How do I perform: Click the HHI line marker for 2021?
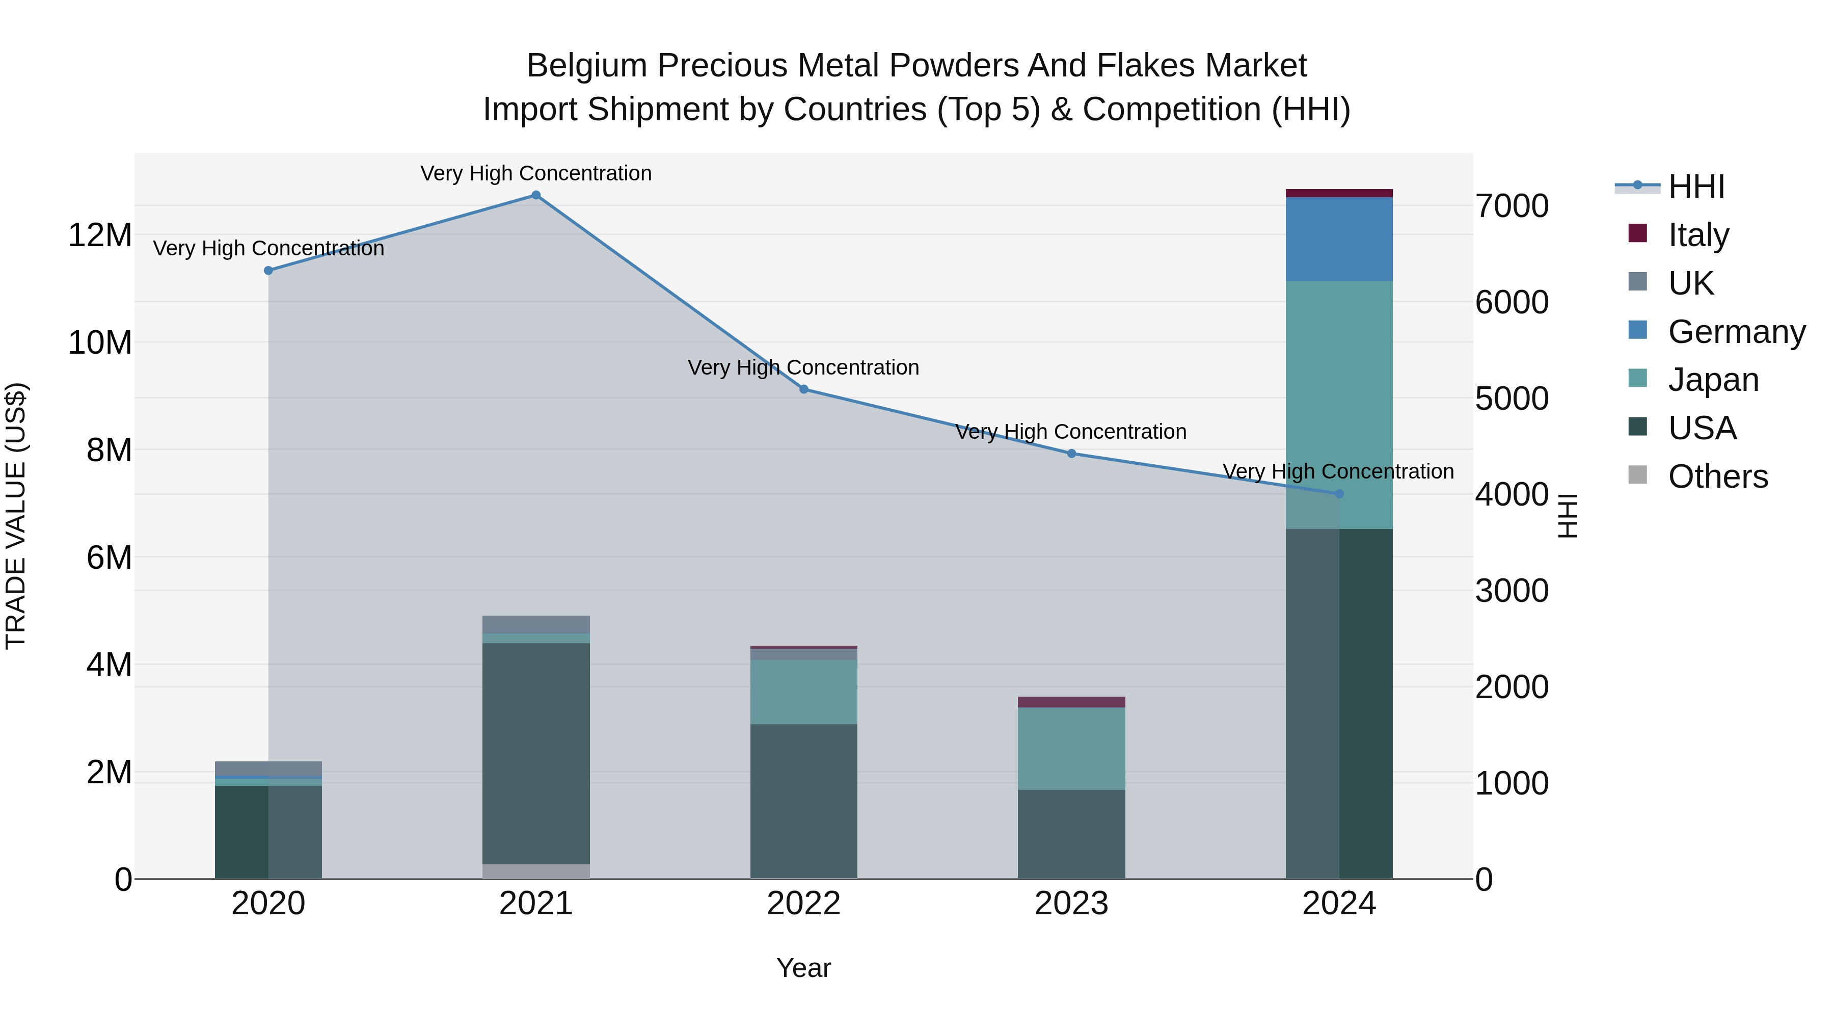[x=536, y=195]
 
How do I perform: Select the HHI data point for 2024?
[x=1338, y=493]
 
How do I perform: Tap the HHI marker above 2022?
[x=804, y=389]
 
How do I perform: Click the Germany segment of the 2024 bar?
[x=1338, y=240]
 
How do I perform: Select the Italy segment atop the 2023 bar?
[x=1071, y=702]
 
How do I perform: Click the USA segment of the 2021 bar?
[x=536, y=754]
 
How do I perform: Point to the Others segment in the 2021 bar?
[x=536, y=871]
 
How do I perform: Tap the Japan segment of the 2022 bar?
[x=804, y=692]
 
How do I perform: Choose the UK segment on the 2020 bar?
[x=268, y=769]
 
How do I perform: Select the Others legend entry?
[x=1717, y=477]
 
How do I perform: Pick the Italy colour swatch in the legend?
[x=1637, y=233]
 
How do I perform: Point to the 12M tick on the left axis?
[x=100, y=235]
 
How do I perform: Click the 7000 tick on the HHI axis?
[x=1512, y=206]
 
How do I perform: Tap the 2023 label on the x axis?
[x=1071, y=904]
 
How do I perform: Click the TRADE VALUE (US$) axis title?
[x=16, y=516]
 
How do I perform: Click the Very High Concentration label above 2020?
[x=268, y=249]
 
